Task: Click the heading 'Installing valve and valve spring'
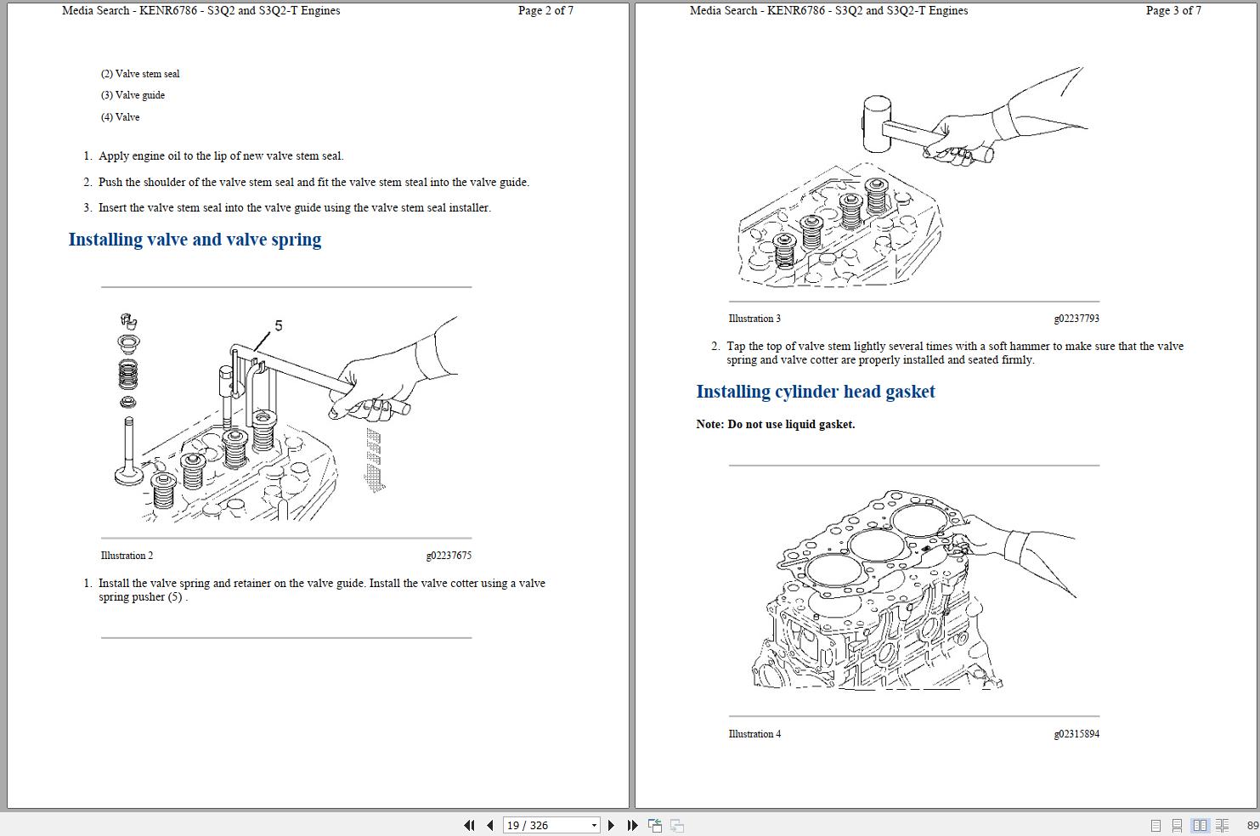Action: click(195, 240)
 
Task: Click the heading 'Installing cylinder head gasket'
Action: click(815, 392)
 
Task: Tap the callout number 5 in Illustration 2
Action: click(278, 325)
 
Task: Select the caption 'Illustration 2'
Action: click(127, 556)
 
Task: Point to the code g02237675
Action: click(449, 556)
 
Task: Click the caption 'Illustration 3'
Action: click(754, 319)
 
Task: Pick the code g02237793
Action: click(1076, 319)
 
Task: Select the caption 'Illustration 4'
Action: click(754, 734)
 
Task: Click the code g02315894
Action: click(1076, 734)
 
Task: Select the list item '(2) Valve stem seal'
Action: click(140, 74)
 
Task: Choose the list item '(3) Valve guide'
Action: click(133, 95)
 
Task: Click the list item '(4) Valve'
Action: click(120, 117)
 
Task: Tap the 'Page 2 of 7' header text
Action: click(545, 11)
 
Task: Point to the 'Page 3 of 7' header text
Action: click(1173, 11)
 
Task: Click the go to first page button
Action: click(469, 825)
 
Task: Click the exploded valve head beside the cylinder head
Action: click(128, 473)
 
